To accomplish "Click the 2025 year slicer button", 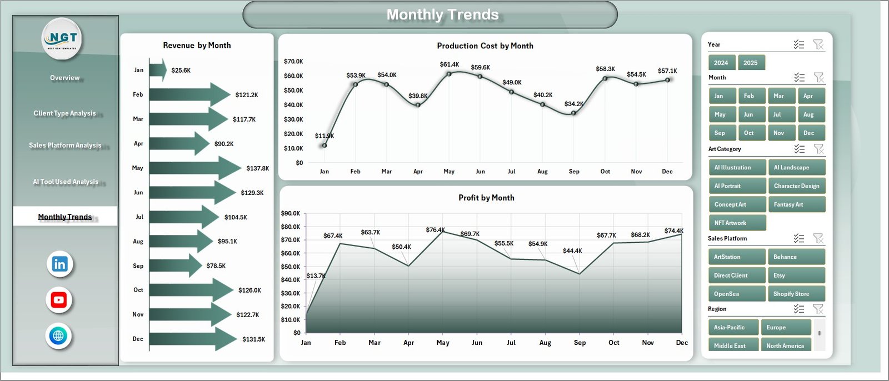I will (751, 63).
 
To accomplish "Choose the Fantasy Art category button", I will (796, 204).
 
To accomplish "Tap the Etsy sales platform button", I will (796, 275).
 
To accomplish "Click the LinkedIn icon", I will (59, 264).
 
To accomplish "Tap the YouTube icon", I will (59, 300).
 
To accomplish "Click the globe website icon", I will (58, 336).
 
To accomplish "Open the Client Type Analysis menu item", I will (64, 113).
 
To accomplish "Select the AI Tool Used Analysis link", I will (66, 182).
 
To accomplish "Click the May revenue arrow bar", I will (194, 168).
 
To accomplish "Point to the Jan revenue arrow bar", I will (158, 70).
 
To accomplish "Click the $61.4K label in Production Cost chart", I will (449, 64).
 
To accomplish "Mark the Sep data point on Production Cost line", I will (573, 113).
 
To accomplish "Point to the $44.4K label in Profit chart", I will (572, 251).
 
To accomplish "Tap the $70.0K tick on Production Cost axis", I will (293, 61).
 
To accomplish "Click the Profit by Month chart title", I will (486, 198).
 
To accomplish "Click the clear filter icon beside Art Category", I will (818, 149).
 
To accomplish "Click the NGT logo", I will (62, 39).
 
